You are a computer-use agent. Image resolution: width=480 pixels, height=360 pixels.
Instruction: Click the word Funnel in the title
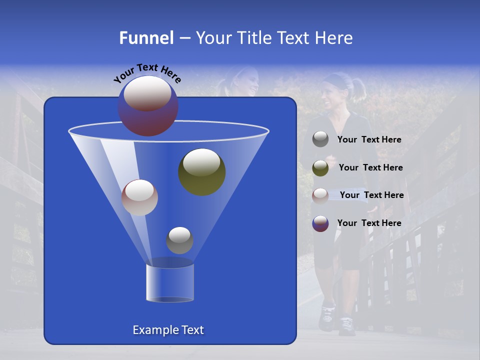pos(146,38)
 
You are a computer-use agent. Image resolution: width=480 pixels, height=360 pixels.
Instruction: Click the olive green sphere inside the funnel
pos(201,171)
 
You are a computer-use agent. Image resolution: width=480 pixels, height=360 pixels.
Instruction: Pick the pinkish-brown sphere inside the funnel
pos(139,197)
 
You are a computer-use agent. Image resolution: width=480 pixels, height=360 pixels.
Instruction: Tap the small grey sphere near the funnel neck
pos(179,240)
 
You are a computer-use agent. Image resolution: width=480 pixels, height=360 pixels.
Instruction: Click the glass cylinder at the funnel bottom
pos(170,283)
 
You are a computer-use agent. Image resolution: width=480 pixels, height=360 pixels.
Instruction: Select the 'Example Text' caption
pos(168,330)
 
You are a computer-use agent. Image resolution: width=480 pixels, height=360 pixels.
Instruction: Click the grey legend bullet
pos(320,139)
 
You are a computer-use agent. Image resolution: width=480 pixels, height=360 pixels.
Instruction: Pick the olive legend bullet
pos(320,167)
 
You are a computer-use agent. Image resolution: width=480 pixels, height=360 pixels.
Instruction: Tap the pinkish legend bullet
pos(320,195)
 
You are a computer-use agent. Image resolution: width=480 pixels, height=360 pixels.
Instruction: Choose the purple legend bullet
pos(320,223)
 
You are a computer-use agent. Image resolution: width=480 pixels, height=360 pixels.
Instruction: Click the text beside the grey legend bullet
pos(369,139)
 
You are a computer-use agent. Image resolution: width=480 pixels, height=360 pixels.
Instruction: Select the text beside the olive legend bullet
pos(370,167)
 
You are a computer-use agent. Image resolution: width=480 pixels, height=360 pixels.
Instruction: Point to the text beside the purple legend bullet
pos(369,223)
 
